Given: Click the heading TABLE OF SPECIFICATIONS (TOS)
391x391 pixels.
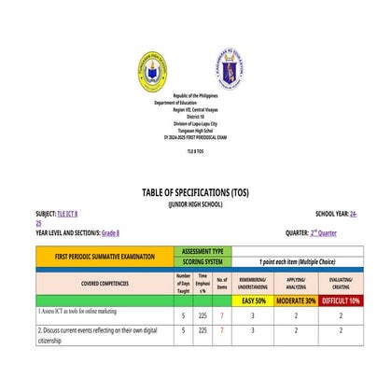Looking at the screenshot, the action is point(195,192).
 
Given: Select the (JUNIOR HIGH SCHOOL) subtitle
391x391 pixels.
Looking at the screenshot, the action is point(195,202).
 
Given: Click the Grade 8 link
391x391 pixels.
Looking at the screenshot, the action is point(110,232).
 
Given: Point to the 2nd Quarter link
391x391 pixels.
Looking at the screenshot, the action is point(323,232).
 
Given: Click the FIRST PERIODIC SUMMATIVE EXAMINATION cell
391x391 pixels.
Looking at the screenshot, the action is point(104,256).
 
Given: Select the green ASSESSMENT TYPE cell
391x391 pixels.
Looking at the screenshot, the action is point(202,251).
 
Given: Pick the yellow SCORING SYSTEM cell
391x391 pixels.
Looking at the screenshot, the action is point(202,261).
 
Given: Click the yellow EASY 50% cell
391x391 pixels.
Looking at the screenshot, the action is point(253,301).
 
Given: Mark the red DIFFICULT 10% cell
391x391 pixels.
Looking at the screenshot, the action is point(341,301).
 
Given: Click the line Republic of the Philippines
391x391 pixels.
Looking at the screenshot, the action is point(195,96).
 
